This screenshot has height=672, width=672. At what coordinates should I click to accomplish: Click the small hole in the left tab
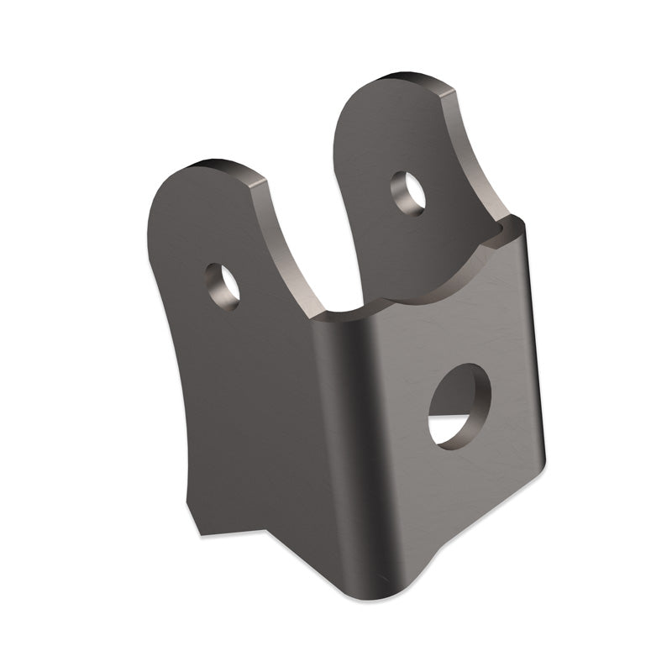point(223,286)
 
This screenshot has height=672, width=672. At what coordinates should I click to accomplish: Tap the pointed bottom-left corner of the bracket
point(199,531)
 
